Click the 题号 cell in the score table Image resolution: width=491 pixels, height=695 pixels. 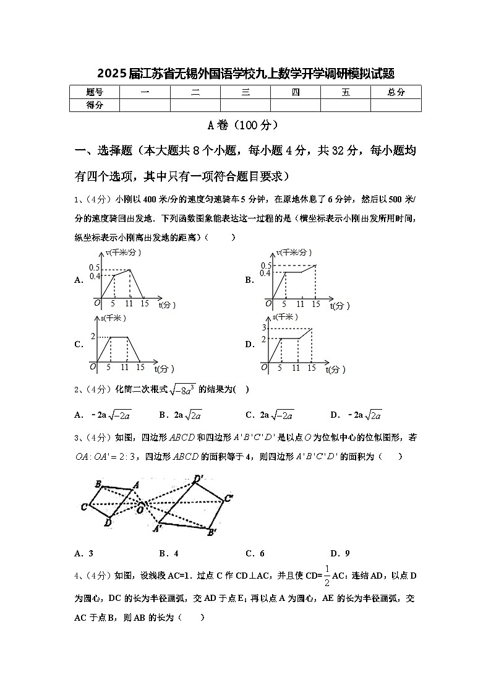(x=94, y=92)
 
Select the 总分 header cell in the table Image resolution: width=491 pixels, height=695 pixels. (x=396, y=92)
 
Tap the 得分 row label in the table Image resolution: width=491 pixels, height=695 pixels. (x=94, y=105)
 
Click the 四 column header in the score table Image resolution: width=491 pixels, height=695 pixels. (x=296, y=92)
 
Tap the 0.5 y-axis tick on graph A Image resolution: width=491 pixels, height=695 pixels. (x=94, y=267)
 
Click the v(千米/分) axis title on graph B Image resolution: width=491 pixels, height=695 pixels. (x=294, y=253)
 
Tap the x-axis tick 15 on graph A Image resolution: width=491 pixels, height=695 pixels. (x=144, y=303)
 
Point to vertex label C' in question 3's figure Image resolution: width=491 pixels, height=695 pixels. (x=228, y=498)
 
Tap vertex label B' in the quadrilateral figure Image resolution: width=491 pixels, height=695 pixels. (x=211, y=532)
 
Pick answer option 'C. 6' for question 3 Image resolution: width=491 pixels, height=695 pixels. (x=255, y=553)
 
